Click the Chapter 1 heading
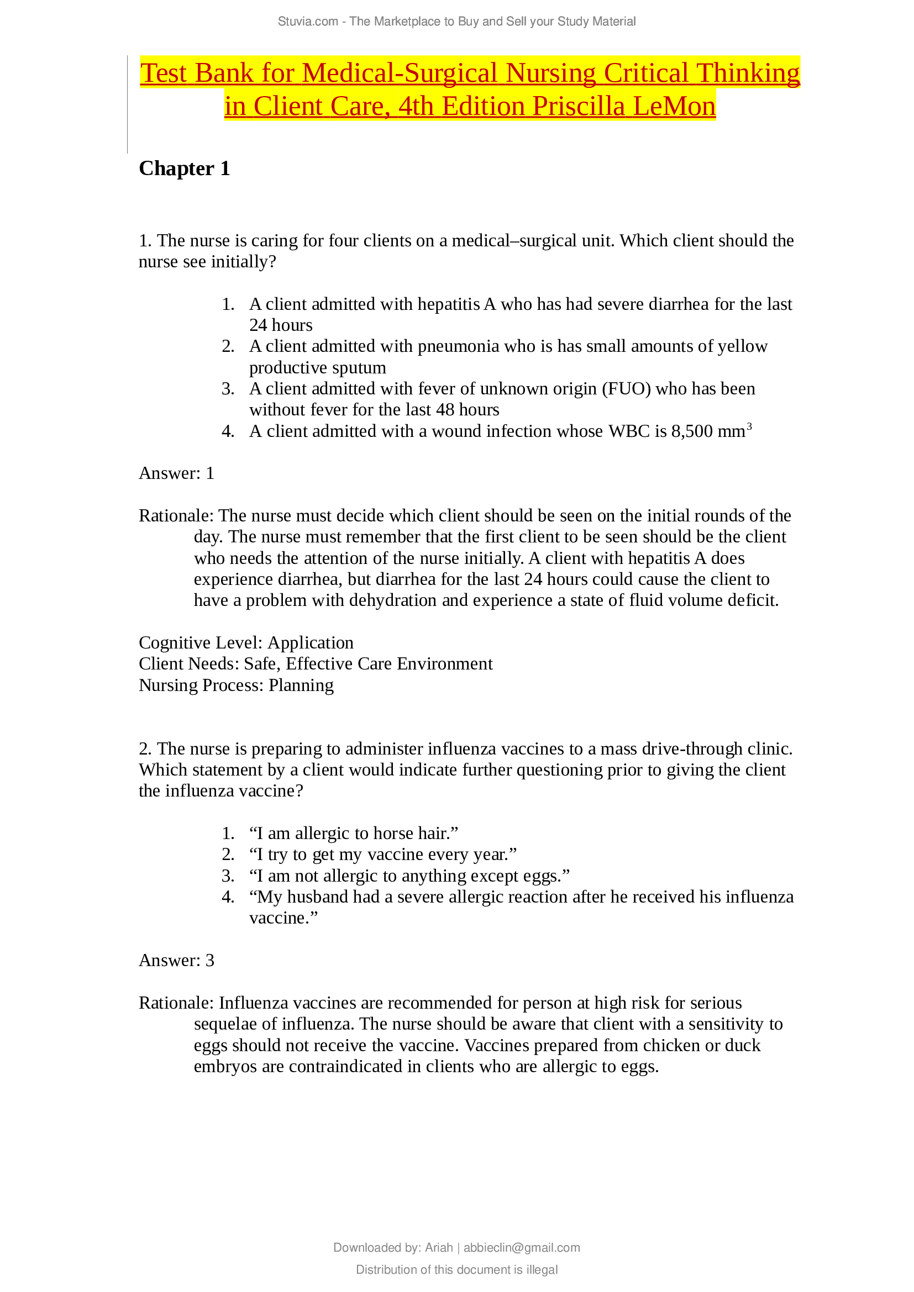pos(184,168)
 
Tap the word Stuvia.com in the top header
pos(307,22)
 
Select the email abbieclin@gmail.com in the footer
pos(521,1248)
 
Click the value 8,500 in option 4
pos(692,431)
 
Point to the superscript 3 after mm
pos(749,426)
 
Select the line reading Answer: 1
pos(176,473)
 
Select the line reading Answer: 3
pos(176,961)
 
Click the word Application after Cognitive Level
pos(310,642)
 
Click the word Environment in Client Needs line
pos(445,664)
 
